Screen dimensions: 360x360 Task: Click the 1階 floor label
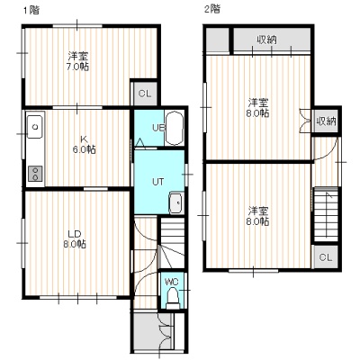tap(31, 10)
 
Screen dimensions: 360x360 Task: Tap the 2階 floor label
tap(212, 9)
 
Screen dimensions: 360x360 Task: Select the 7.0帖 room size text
tap(77, 67)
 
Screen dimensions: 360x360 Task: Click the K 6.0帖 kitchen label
tap(85, 145)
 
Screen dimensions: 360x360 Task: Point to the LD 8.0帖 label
tap(75, 239)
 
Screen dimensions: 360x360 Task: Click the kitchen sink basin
tap(35, 127)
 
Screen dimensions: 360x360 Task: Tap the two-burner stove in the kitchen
tap(35, 174)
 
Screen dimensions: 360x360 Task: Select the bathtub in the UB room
tap(175, 129)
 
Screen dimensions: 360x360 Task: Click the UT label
tap(157, 182)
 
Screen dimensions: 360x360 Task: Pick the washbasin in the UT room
tap(176, 203)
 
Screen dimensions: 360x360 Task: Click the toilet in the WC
tap(173, 299)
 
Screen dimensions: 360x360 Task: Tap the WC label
tap(172, 282)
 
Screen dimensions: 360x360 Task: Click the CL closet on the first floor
tap(145, 94)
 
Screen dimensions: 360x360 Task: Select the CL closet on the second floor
tap(326, 257)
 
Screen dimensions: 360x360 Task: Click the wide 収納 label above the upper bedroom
tap(266, 40)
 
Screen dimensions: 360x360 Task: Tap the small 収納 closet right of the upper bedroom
tap(326, 121)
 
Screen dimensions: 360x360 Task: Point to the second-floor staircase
tap(326, 214)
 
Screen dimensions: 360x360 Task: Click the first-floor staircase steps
tap(172, 242)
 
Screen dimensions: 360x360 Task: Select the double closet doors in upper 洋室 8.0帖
tap(305, 120)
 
